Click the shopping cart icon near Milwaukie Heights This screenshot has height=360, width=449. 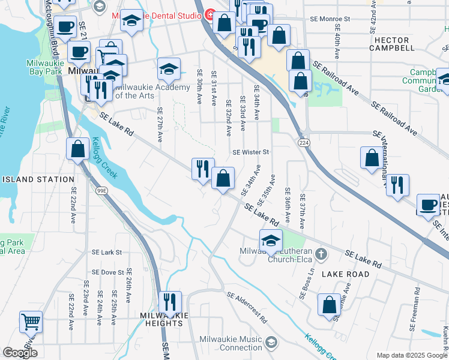click(x=31, y=322)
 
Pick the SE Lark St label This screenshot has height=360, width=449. click(x=106, y=253)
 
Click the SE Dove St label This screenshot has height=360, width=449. click(x=106, y=272)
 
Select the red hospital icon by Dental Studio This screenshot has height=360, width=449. click(x=211, y=14)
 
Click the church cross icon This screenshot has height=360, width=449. click(x=322, y=254)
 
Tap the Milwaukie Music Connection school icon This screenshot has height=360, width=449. click(x=271, y=342)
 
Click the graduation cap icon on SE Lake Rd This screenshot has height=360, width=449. click(x=271, y=241)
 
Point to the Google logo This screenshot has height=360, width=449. click(x=20, y=352)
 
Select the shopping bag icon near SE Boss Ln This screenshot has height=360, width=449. click(x=330, y=305)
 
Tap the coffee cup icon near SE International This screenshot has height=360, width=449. click(x=428, y=204)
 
